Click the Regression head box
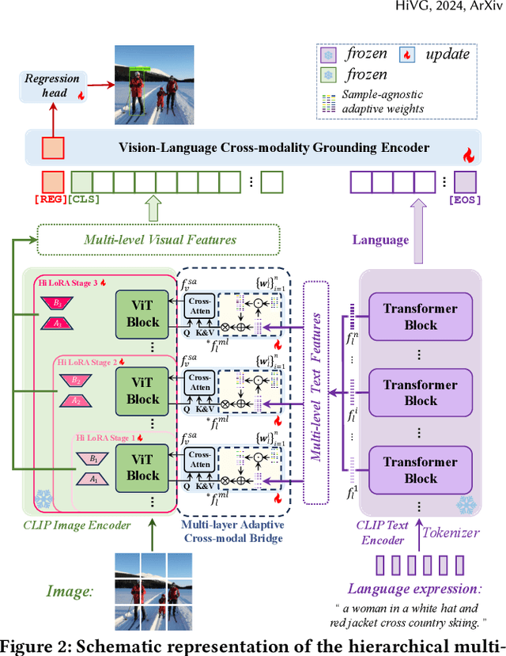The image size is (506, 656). pos(53,85)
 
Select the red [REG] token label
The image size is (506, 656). pos(53,199)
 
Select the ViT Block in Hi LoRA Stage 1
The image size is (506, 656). pos(143,467)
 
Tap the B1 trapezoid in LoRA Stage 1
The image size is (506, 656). pos(94,458)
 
